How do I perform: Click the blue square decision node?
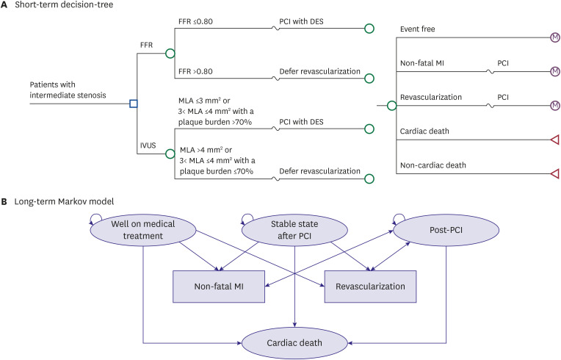coord(133,103)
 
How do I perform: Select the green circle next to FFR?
coord(170,53)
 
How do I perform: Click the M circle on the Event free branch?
coord(555,37)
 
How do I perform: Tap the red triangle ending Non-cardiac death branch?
coord(555,173)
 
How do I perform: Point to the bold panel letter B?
coord(4,201)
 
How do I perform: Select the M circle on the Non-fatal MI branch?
coord(555,71)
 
